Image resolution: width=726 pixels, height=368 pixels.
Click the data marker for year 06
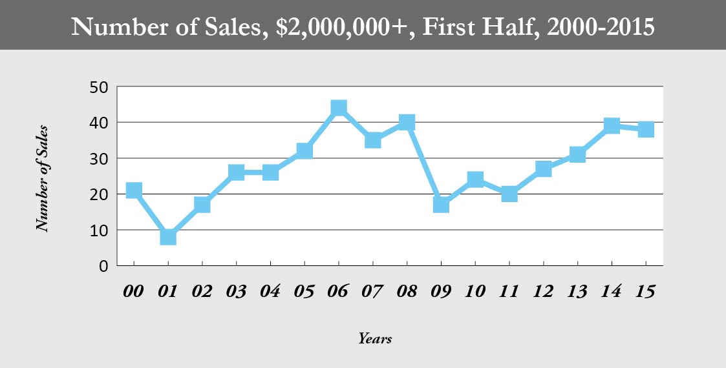pos(339,108)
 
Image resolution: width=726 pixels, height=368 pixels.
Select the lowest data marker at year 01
pos(168,237)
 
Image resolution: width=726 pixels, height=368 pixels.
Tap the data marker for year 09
pos(442,205)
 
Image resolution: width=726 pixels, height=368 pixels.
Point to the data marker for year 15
pos(646,130)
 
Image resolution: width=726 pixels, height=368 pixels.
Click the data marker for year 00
pos(134,190)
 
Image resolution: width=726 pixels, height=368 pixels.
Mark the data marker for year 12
pos(544,169)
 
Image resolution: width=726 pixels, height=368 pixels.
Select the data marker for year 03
pos(236,172)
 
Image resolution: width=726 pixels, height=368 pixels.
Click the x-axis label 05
pos(304,291)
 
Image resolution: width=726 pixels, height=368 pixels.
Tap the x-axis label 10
pos(475,291)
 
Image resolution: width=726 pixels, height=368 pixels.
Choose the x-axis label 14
pos(612,291)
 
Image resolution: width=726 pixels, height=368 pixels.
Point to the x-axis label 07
pos(373,291)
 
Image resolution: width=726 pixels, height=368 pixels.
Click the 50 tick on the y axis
pos(98,87)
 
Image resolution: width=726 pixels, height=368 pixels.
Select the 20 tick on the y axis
pos(98,194)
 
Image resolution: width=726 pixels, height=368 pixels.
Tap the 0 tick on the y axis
pos(103,266)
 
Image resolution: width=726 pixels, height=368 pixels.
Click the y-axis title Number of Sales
pos(43,178)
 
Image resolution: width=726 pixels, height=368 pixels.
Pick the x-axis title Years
pos(375,338)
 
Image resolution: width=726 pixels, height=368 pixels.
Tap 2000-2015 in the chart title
pos(601,28)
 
